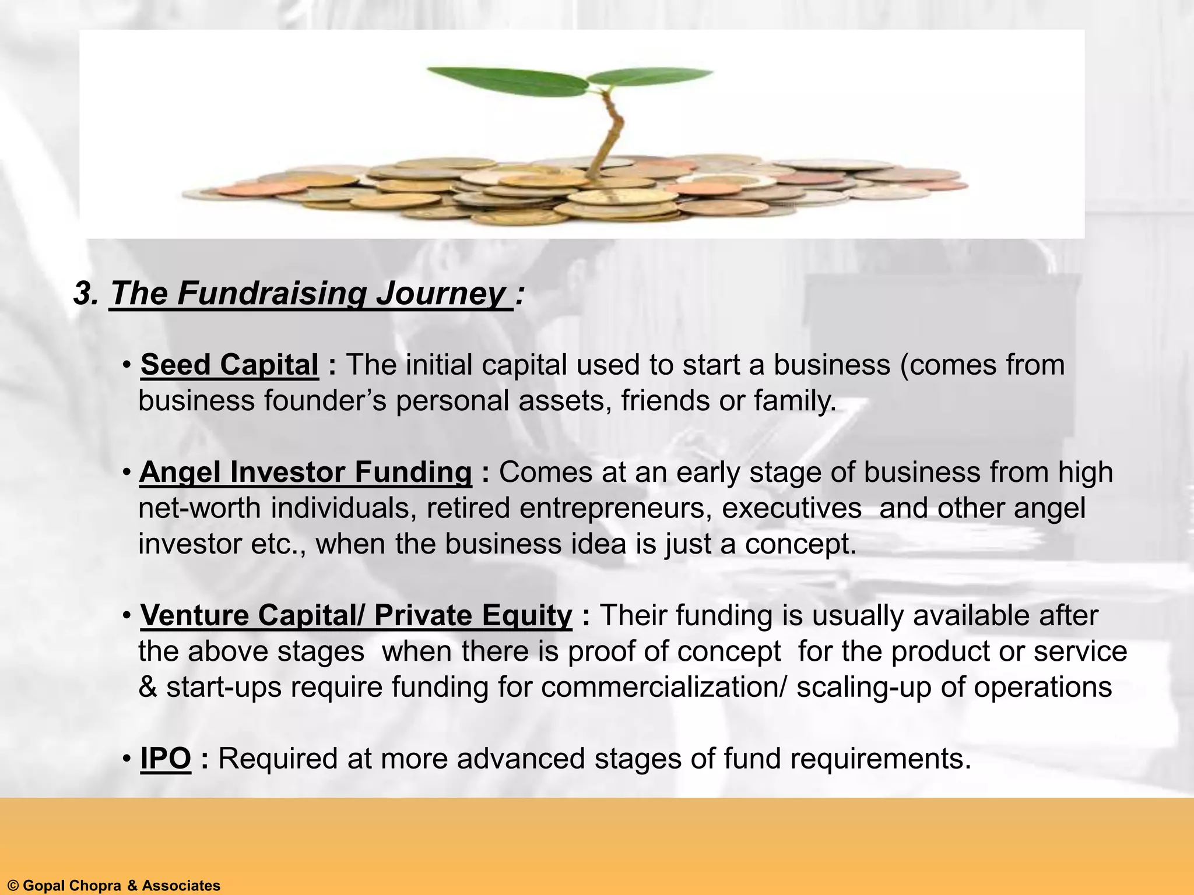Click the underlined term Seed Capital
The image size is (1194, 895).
(230, 365)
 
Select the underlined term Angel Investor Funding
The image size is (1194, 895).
(305, 473)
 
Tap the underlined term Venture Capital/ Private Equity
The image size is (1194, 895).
(356, 616)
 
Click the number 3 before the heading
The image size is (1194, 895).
(85, 293)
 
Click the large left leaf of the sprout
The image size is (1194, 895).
(507, 81)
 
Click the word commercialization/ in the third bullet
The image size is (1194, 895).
(663, 688)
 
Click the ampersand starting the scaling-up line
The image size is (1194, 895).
(148, 688)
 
